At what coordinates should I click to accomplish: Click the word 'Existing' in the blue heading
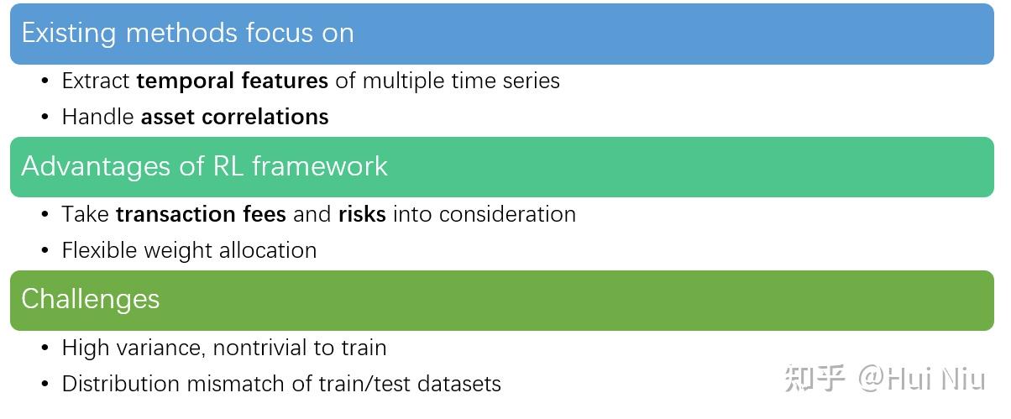(69, 34)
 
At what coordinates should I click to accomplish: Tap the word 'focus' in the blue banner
(280, 33)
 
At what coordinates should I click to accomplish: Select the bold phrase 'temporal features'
(232, 81)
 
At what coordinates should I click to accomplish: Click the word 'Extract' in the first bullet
(96, 81)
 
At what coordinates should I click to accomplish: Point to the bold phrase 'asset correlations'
(235, 117)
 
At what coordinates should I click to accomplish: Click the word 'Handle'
(98, 117)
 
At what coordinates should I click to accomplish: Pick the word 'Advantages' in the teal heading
(96, 166)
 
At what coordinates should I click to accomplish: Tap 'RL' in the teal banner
(228, 165)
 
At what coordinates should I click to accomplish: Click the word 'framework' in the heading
(320, 165)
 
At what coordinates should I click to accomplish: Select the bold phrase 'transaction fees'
(201, 214)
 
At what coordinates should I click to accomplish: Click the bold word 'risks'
(362, 214)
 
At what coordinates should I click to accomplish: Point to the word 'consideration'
(507, 214)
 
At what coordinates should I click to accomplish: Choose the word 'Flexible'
(99, 250)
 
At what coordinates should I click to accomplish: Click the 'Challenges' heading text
(91, 300)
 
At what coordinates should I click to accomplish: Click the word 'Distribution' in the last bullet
(121, 384)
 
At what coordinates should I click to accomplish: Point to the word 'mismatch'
(236, 384)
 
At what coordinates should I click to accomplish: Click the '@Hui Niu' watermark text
(921, 379)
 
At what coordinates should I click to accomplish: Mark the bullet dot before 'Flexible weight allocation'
(45, 249)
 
